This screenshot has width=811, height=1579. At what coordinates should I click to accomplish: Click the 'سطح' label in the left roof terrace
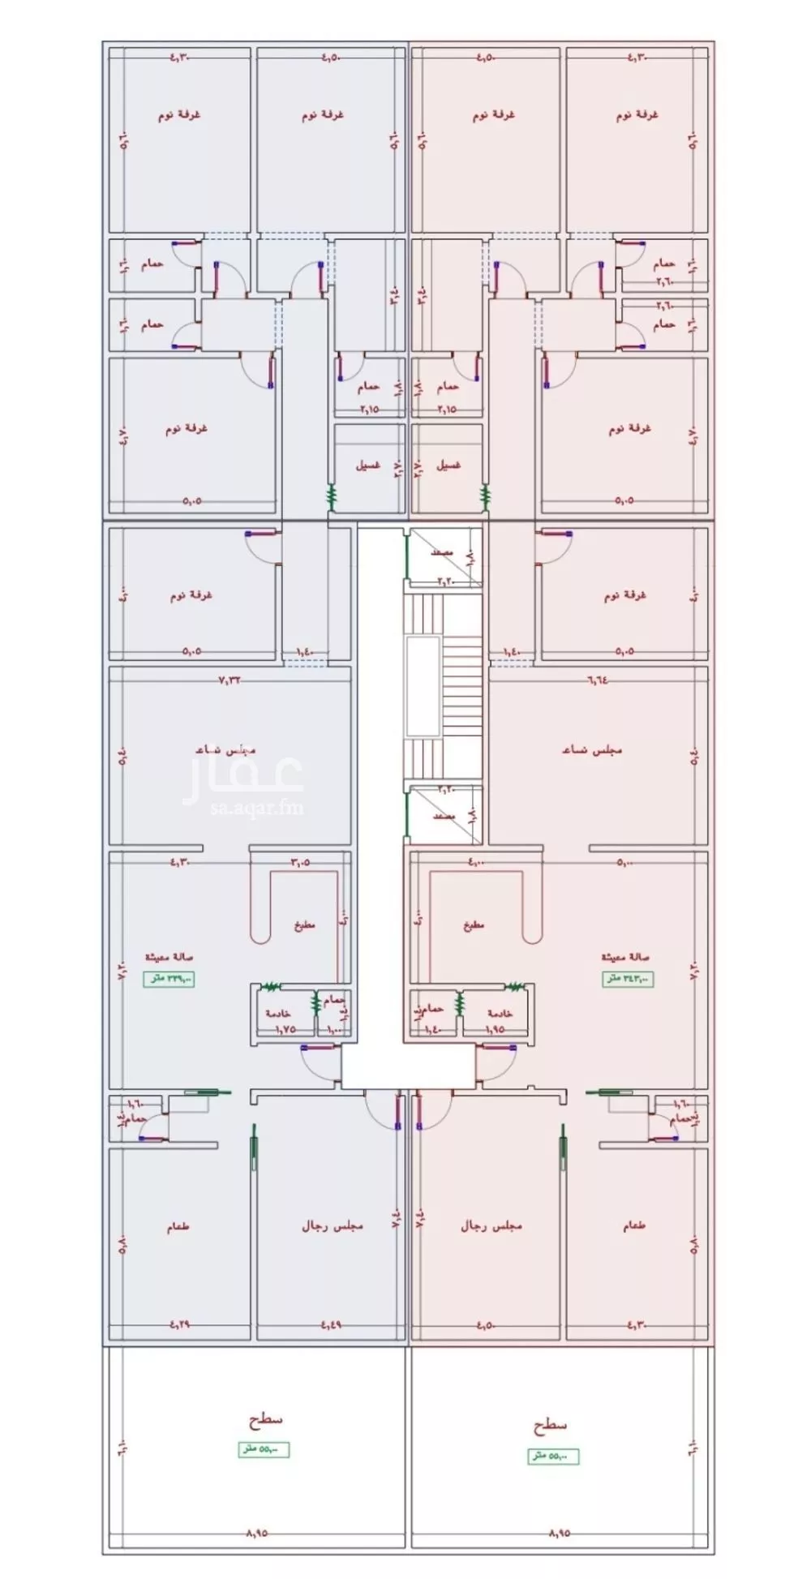pyautogui.click(x=265, y=1418)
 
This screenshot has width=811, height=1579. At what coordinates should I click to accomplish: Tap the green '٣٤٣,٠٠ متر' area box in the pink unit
pyautogui.click(x=627, y=979)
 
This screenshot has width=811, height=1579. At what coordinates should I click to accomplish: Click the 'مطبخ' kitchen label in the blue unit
pyautogui.click(x=304, y=925)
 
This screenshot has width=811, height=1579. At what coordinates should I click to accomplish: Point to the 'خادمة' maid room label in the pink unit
pyautogui.click(x=500, y=1014)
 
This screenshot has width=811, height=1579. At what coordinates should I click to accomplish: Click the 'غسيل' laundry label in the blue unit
pyautogui.click(x=367, y=466)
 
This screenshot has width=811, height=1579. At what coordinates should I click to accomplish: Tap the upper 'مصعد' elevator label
pyautogui.click(x=442, y=552)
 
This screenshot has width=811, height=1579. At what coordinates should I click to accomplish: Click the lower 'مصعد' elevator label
pyautogui.click(x=442, y=815)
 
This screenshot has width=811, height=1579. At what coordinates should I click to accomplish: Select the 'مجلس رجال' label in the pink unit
pyautogui.click(x=491, y=1225)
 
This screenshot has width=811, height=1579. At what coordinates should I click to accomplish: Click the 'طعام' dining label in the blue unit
pyautogui.click(x=178, y=1228)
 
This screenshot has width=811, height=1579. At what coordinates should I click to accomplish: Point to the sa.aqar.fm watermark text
pyautogui.click(x=244, y=807)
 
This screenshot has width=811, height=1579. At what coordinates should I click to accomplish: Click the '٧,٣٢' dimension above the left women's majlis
pyautogui.click(x=230, y=680)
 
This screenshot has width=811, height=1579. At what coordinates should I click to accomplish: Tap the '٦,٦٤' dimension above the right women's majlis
pyautogui.click(x=600, y=680)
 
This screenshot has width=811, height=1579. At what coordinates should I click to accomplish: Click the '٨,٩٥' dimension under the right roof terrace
pyautogui.click(x=560, y=1533)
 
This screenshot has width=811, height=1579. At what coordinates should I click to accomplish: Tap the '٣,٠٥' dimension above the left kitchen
pyautogui.click(x=301, y=862)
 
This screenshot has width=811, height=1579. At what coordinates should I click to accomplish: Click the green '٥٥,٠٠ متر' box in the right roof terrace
pyautogui.click(x=554, y=1456)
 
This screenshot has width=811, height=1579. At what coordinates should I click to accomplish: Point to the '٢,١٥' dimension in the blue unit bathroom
pyautogui.click(x=368, y=410)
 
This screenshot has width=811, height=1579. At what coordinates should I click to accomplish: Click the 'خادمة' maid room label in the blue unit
pyautogui.click(x=278, y=1014)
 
